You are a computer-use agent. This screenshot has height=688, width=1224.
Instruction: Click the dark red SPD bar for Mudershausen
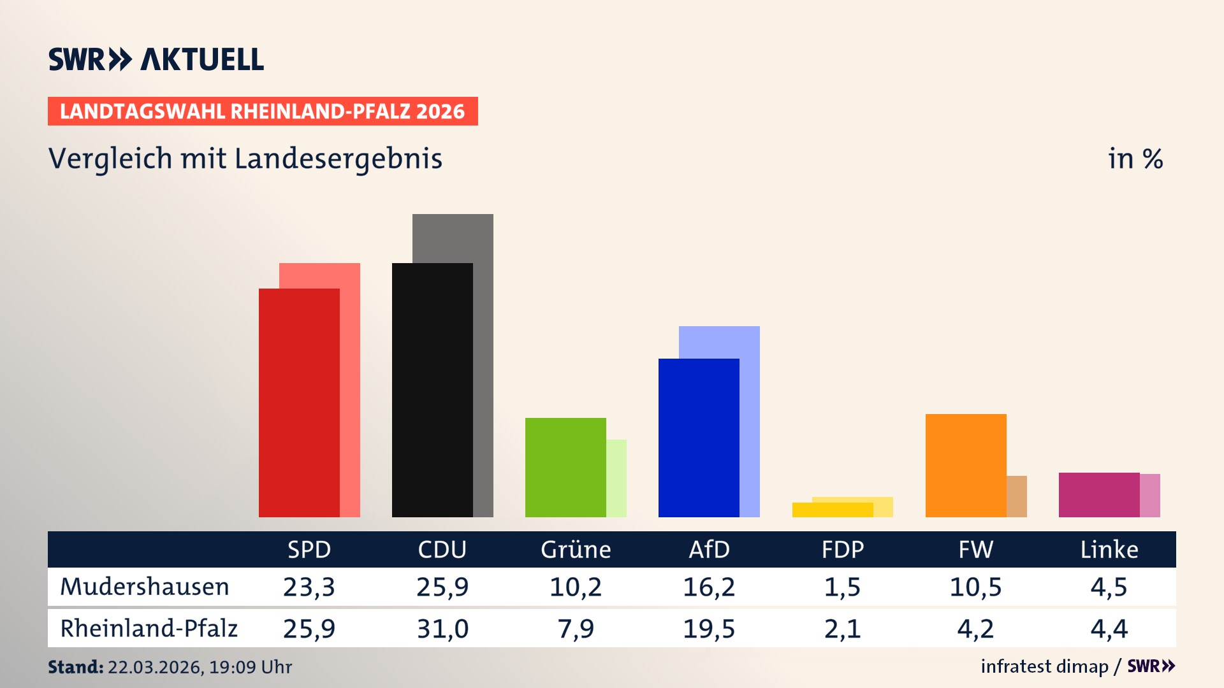pyautogui.click(x=299, y=403)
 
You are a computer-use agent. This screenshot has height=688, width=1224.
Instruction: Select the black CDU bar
pyautogui.click(x=432, y=390)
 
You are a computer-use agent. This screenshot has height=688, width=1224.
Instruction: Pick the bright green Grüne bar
pyautogui.click(x=565, y=468)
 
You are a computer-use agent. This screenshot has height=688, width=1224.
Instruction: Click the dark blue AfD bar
pyautogui.click(x=699, y=438)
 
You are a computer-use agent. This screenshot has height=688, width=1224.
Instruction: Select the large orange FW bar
pyautogui.click(x=966, y=466)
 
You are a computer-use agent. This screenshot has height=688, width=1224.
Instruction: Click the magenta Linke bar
pyautogui.click(x=1099, y=495)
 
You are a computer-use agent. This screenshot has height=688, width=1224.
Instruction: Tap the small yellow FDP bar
pyautogui.click(x=833, y=510)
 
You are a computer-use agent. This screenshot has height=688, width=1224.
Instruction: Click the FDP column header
pyautogui.click(x=842, y=550)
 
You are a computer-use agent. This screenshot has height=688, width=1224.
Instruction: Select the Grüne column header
pyautogui.click(x=576, y=550)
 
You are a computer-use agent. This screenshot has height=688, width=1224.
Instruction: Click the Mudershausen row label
pyautogui.click(x=145, y=587)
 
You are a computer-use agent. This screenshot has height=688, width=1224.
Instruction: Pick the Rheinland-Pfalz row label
pyautogui.click(x=149, y=629)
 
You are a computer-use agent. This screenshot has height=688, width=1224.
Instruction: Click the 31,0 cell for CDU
pyautogui.click(x=442, y=629)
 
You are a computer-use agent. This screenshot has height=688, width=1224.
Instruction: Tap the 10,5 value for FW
pyautogui.click(x=975, y=587)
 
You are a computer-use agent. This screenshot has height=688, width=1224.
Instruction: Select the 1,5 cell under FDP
pyautogui.click(x=842, y=587)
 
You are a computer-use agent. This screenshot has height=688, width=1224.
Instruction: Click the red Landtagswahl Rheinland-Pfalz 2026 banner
pyautogui.click(x=263, y=111)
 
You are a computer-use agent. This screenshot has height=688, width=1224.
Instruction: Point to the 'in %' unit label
pyautogui.click(x=1135, y=159)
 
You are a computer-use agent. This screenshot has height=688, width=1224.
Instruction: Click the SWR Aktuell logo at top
pyautogui.click(x=156, y=59)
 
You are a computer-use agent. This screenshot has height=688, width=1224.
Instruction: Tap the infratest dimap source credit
pyautogui.click(x=1044, y=666)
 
